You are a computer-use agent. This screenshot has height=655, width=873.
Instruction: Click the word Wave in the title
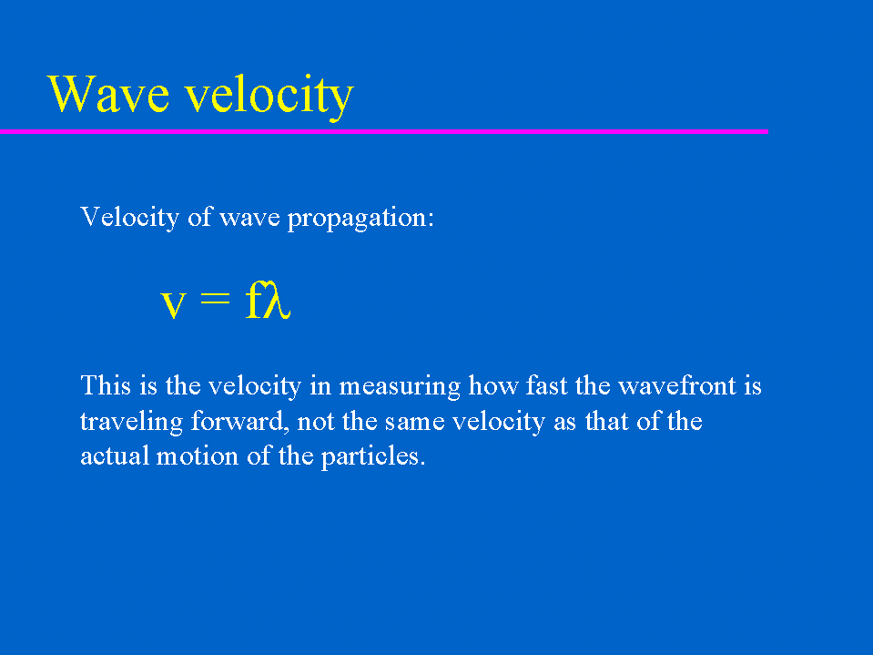[x=108, y=94]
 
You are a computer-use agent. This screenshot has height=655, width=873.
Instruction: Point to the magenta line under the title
[x=384, y=131]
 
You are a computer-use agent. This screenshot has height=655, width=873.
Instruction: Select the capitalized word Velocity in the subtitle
[x=130, y=217]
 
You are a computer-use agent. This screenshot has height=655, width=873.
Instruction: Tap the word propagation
[x=360, y=219]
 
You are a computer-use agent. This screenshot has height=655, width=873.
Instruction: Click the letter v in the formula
[x=173, y=304]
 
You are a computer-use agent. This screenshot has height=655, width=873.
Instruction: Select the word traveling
[x=131, y=422]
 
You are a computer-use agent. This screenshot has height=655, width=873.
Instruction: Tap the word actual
[x=115, y=456]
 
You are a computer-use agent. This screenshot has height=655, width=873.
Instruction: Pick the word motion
[x=198, y=456]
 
